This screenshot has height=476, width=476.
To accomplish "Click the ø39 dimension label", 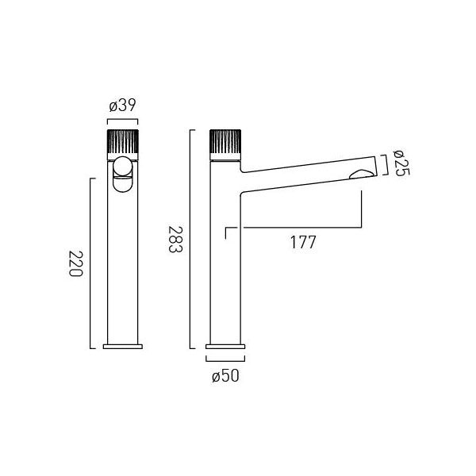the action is click(x=122, y=105).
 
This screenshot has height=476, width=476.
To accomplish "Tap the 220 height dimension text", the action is click(x=75, y=263).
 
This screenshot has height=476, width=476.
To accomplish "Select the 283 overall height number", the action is click(x=175, y=239).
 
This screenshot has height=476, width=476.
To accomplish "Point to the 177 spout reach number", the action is click(x=303, y=242).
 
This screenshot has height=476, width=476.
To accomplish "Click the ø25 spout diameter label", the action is click(x=401, y=163).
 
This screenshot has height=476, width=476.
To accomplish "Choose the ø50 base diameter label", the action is click(x=225, y=376).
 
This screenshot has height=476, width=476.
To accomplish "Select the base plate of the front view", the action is click(x=123, y=347).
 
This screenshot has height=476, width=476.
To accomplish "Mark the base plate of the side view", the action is click(x=225, y=347).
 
